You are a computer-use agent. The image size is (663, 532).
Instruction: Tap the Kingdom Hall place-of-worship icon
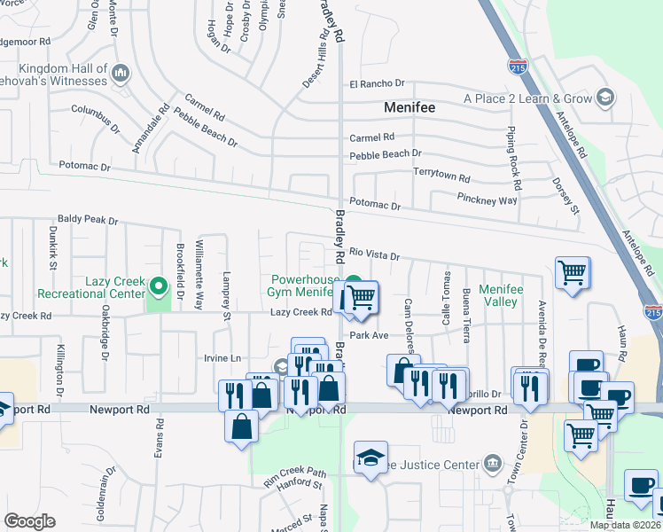click(121, 71)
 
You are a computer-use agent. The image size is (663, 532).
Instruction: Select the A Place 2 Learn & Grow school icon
click(605, 98)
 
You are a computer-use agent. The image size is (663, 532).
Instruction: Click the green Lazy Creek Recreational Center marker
click(159, 286)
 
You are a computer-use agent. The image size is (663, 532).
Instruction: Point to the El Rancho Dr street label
click(377, 84)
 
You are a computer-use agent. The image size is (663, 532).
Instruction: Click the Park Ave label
click(369, 335)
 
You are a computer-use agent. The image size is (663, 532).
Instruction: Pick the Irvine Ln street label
click(222, 357)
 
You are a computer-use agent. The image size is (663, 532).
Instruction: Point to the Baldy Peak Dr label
click(88, 219)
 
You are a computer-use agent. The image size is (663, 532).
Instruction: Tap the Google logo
click(29, 521)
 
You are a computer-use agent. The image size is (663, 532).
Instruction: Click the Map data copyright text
click(625, 525)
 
